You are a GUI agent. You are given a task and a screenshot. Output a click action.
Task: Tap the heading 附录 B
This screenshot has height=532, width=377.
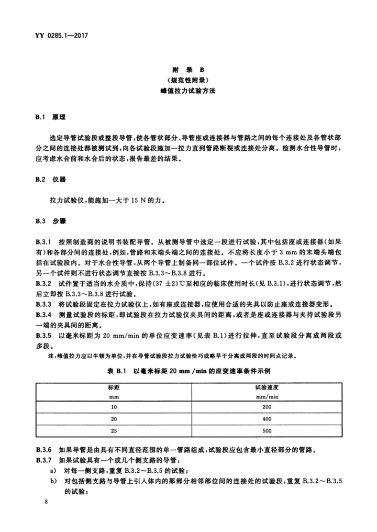[188, 69]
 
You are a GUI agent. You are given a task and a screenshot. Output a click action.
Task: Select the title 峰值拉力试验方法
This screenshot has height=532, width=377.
[188, 91]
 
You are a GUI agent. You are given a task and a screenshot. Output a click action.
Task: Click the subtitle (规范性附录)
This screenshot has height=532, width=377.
[188, 80]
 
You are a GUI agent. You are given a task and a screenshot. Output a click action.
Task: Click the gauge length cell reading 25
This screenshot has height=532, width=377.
[114, 431]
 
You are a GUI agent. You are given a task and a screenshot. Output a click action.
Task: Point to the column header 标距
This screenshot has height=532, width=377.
[114, 387]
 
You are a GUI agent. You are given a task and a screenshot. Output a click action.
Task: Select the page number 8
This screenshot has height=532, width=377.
[47, 502]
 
